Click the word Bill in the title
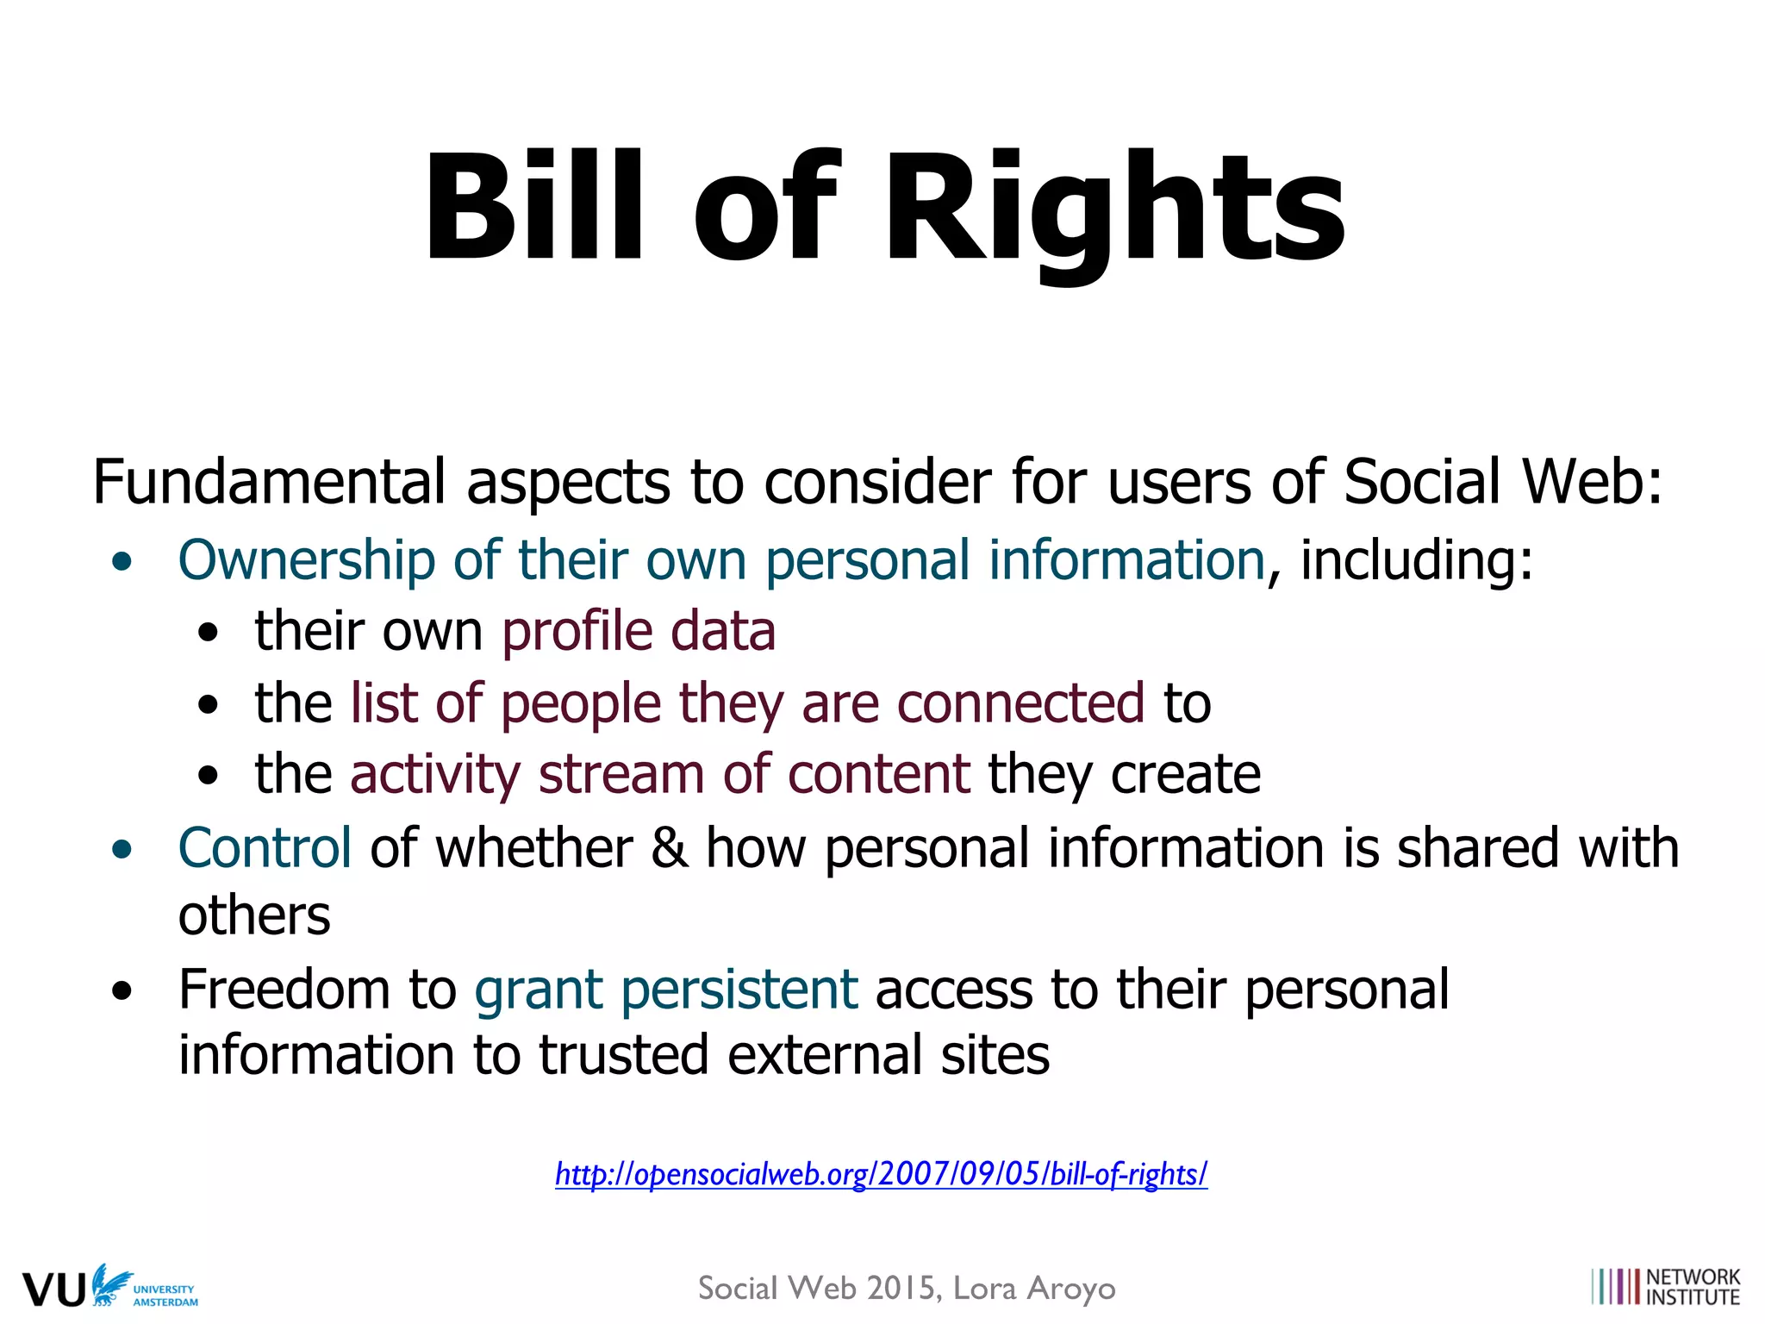point(533,207)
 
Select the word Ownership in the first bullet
point(306,560)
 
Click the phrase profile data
point(639,631)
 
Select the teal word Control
point(265,847)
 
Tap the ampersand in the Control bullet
point(669,847)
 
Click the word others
point(254,915)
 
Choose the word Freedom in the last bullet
point(284,989)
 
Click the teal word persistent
point(739,989)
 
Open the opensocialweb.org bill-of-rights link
point(881,1174)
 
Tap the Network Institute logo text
point(1693,1287)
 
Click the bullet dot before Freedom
point(122,990)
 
